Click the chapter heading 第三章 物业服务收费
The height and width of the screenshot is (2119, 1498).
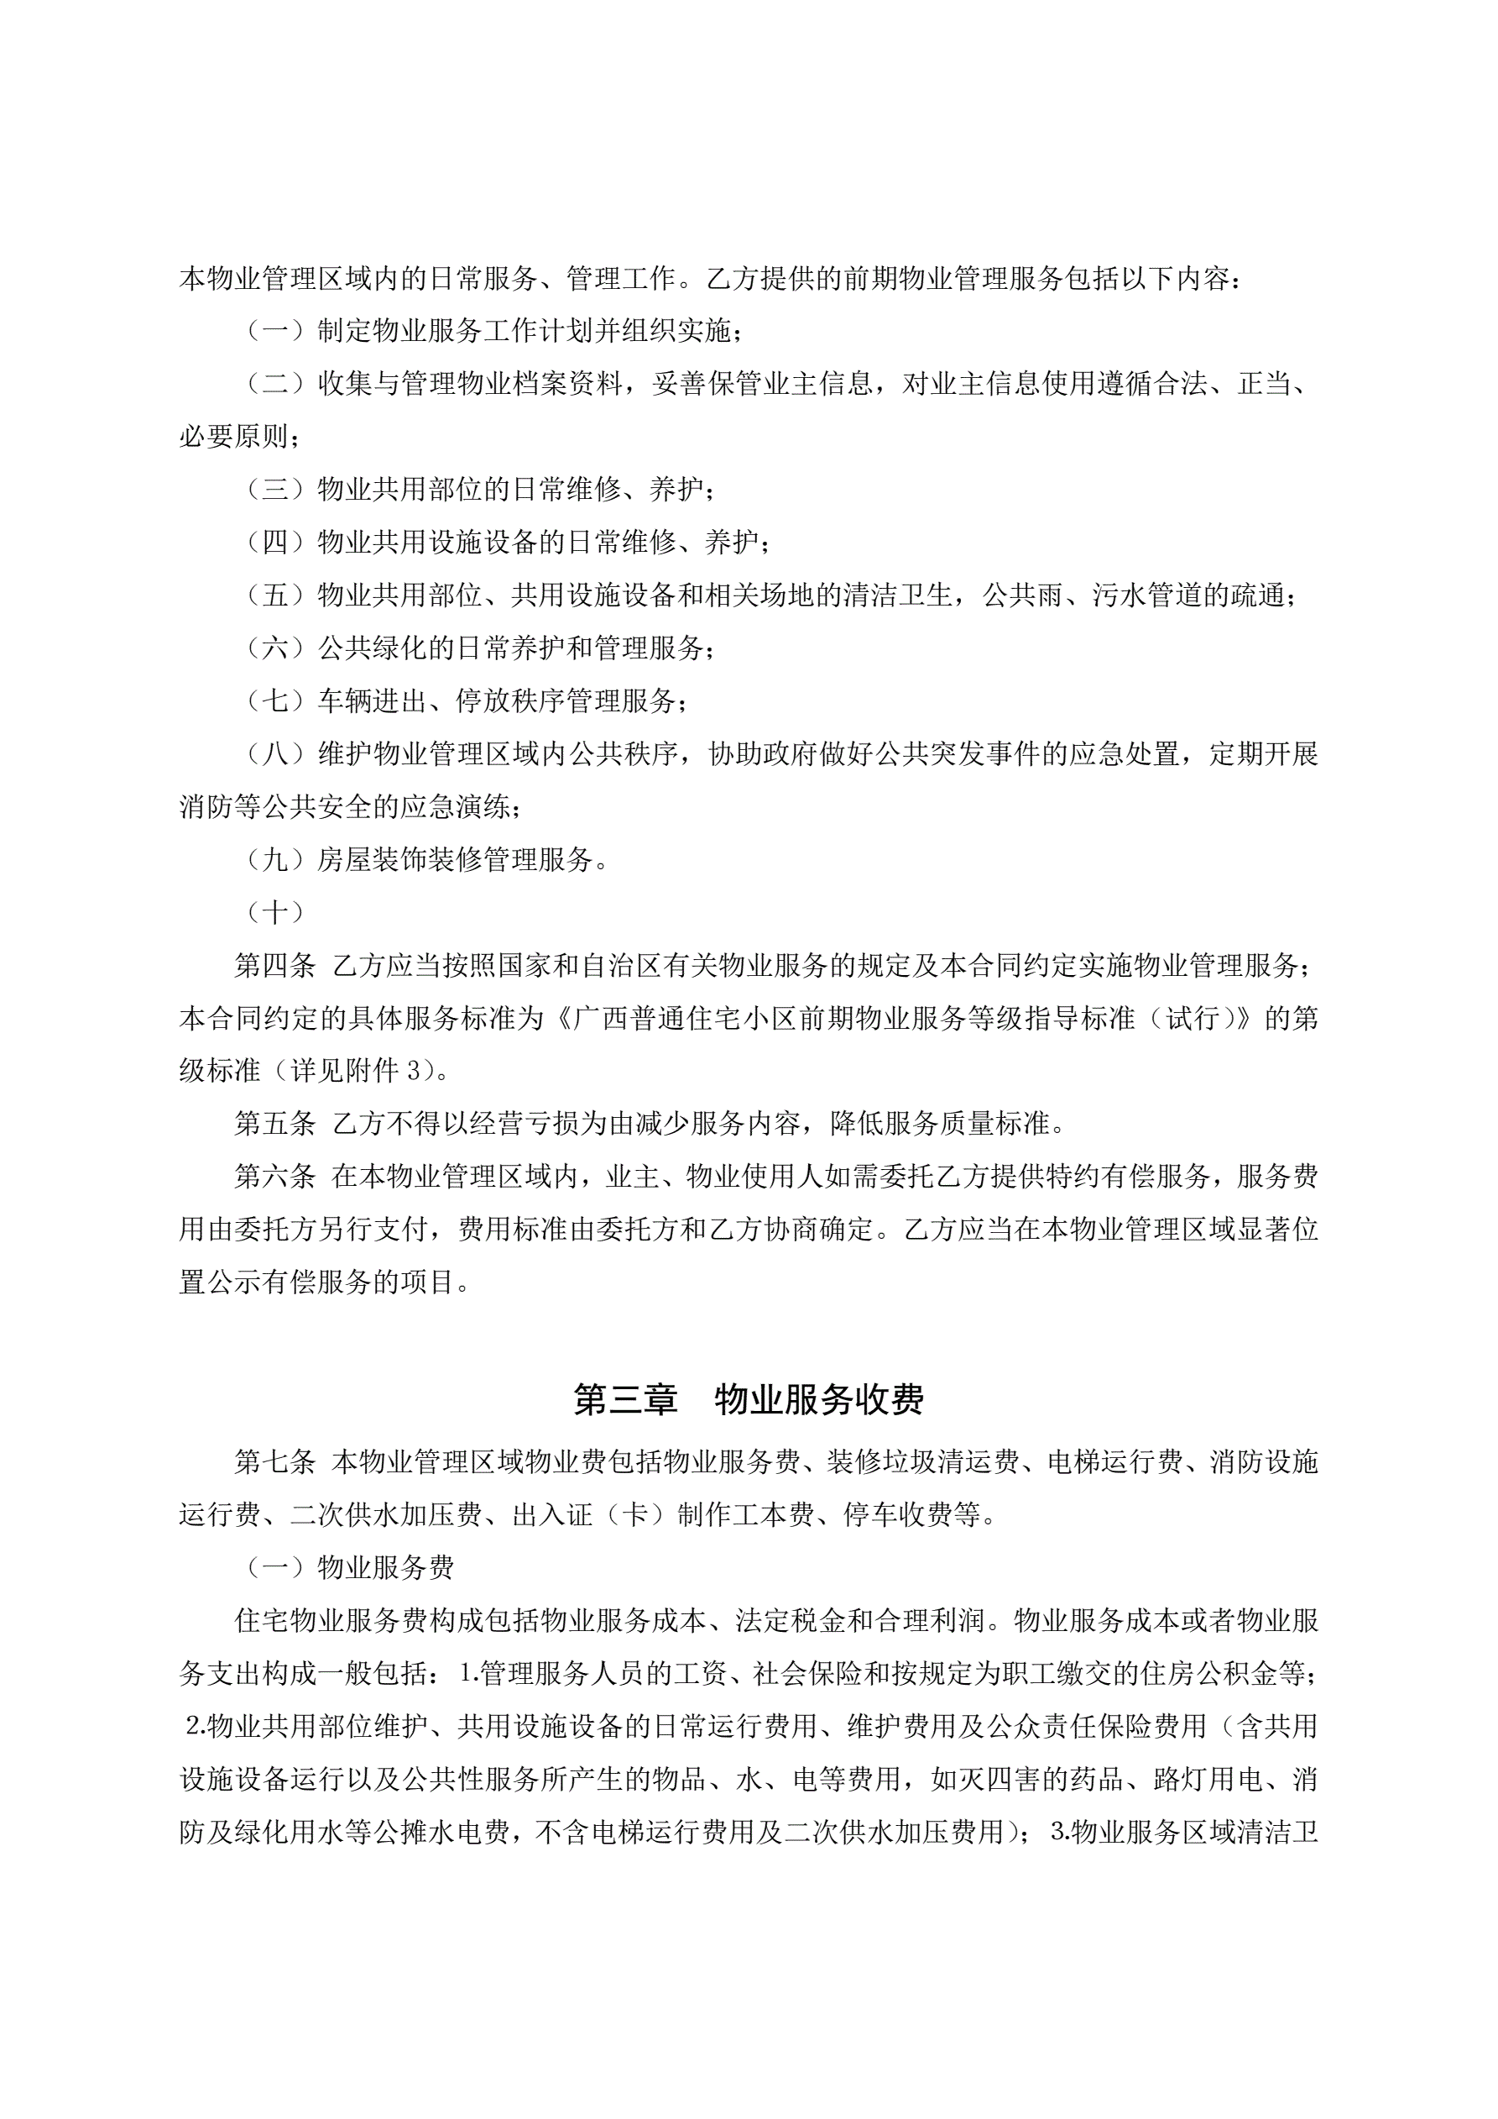coord(748,1400)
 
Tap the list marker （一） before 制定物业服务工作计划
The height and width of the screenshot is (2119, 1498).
coord(276,330)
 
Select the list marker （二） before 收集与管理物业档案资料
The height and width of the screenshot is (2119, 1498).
coord(276,383)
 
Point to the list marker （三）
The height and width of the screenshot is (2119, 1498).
coord(276,489)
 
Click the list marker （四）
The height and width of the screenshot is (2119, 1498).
coord(276,542)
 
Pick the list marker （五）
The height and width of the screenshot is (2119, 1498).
coord(276,595)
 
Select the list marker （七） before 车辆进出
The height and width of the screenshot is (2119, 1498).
coord(276,701)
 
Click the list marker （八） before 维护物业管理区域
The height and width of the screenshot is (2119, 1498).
coord(276,754)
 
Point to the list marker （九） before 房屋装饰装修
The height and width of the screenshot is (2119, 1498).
coord(276,860)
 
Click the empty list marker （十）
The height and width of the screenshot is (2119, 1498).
coord(276,913)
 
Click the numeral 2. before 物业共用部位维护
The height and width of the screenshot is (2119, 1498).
coord(195,1725)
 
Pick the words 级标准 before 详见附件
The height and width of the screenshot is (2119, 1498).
coord(220,1072)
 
